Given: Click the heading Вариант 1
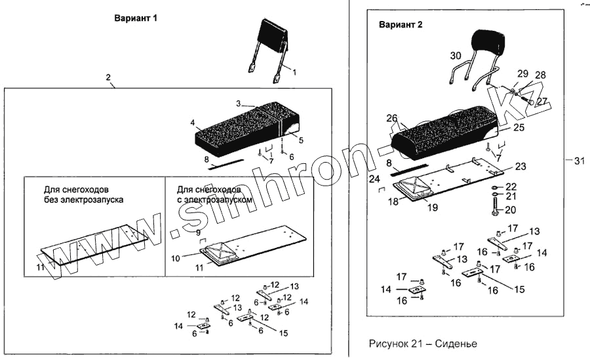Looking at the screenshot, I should point(136,19).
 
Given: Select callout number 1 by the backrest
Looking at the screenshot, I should point(294,71).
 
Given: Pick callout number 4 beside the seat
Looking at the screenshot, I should point(193,123).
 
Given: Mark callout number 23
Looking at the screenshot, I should point(520,166).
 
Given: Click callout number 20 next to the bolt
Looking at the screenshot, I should point(511,210).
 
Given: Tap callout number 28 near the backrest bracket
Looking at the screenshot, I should point(540,75).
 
